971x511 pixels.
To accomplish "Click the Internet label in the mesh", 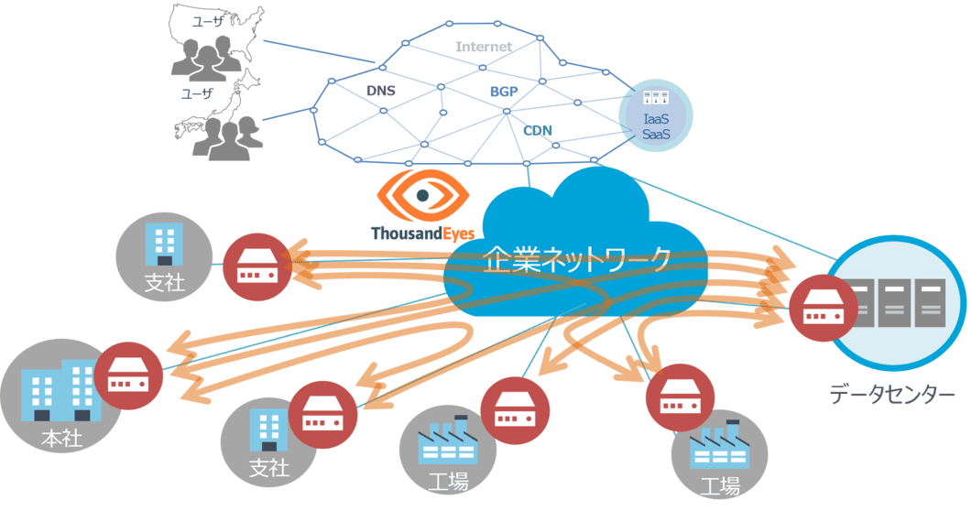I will pos(483,46).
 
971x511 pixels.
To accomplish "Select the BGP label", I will pos(503,92).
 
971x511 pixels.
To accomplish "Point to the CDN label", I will pos(538,130).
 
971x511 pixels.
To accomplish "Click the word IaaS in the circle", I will pos(657,119).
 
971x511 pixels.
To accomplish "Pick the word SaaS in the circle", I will pos(657,135).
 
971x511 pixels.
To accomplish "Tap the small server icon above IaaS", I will pos(656,99).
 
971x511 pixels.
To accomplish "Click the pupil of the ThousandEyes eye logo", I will pos(422,195).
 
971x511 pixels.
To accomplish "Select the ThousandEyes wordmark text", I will pos(422,234).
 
